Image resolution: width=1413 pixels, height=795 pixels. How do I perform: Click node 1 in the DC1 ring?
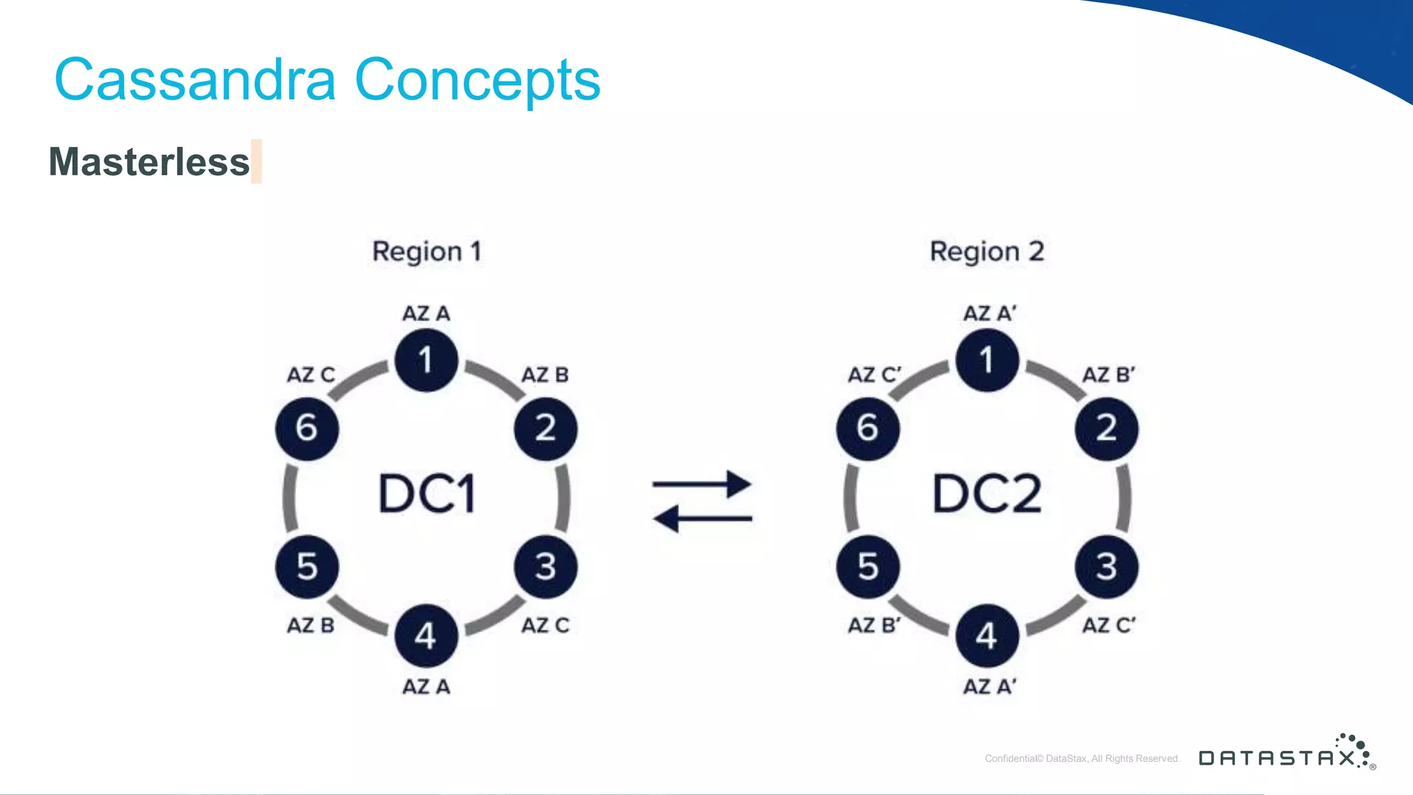pyautogui.click(x=426, y=360)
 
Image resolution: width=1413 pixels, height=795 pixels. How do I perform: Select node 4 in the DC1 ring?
pyautogui.click(x=426, y=636)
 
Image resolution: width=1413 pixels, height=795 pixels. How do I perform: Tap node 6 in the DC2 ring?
pyautogui.click(x=868, y=429)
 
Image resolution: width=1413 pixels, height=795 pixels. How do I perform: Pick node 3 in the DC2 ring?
pyautogui.click(x=1106, y=567)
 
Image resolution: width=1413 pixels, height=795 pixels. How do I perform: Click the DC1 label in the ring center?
pyautogui.click(x=427, y=494)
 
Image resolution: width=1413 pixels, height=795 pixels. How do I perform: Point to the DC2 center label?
pyautogui.click(x=987, y=494)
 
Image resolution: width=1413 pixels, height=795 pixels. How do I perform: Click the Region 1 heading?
pyautogui.click(x=426, y=252)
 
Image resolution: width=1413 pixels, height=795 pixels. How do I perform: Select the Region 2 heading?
pyautogui.click(x=987, y=252)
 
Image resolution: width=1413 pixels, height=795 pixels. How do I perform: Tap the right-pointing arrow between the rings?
pyautogui.click(x=702, y=484)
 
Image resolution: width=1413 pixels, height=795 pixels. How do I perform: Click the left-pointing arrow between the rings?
pyautogui.click(x=702, y=518)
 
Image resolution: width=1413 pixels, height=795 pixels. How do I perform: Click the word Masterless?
pyautogui.click(x=149, y=162)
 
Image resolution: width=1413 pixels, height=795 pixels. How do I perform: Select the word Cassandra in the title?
pyautogui.click(x=195, y=80)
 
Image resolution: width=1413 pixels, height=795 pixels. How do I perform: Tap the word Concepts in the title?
pyautogui.click(x=477, y=80)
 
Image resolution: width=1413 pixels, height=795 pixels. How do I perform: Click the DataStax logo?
pyautogui.click(x=1287, y=754)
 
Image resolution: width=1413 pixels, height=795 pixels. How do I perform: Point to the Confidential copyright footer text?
pyautogui.click(x=1082, y=758)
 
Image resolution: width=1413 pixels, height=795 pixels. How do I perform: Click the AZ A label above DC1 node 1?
pyautogui.click(x=426, y=314)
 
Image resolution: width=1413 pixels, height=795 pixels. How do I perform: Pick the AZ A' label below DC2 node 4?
pyautogui.click(x=989, y=687)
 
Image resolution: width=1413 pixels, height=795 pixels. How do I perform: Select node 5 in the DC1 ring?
pyautogui.click(x=307, y=567)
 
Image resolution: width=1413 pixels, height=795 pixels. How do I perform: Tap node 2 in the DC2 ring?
pyautogui.click(x=1106, y=429)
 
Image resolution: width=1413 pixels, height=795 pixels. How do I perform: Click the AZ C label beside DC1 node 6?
pyautogui.click(x=310, y=375)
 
